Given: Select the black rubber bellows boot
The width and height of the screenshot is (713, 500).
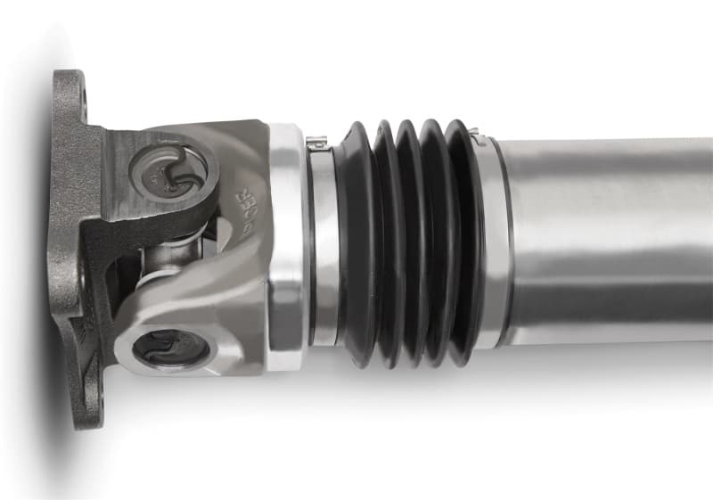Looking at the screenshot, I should tap(406, 241).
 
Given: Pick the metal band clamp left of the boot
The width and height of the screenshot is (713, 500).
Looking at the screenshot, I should tap(322, 241).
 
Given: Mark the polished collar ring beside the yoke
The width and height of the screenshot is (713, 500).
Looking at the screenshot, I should tap(288, 241).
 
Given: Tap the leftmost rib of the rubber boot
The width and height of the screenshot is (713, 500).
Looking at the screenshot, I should tap(352, 241).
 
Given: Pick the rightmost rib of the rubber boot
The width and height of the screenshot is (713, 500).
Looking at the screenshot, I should tap(463, 241).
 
